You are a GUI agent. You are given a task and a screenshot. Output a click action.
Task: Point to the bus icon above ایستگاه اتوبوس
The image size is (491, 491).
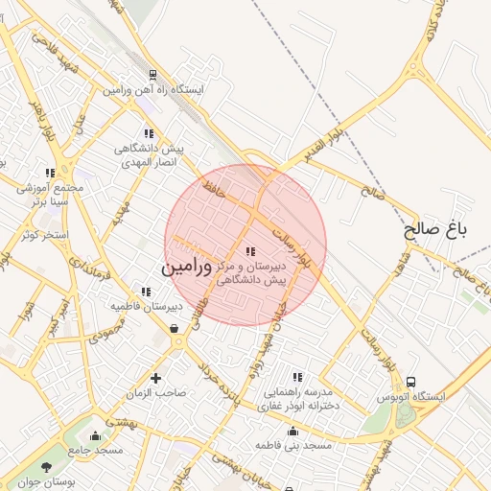(x=411, y=382)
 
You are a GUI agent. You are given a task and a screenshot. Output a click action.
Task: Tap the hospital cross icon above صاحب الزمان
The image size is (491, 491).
(x=155, y=379)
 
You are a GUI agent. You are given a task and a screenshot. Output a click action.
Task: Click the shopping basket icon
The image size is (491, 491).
(x=175, y=329)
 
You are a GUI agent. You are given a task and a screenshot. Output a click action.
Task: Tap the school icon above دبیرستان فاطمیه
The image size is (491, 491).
(x=146, y=292)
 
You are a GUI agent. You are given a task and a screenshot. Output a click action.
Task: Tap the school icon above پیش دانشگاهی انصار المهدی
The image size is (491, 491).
(x=148, y=134)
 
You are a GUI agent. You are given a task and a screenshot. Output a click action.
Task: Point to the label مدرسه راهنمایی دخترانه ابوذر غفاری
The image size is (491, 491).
(x=294, y=400)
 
